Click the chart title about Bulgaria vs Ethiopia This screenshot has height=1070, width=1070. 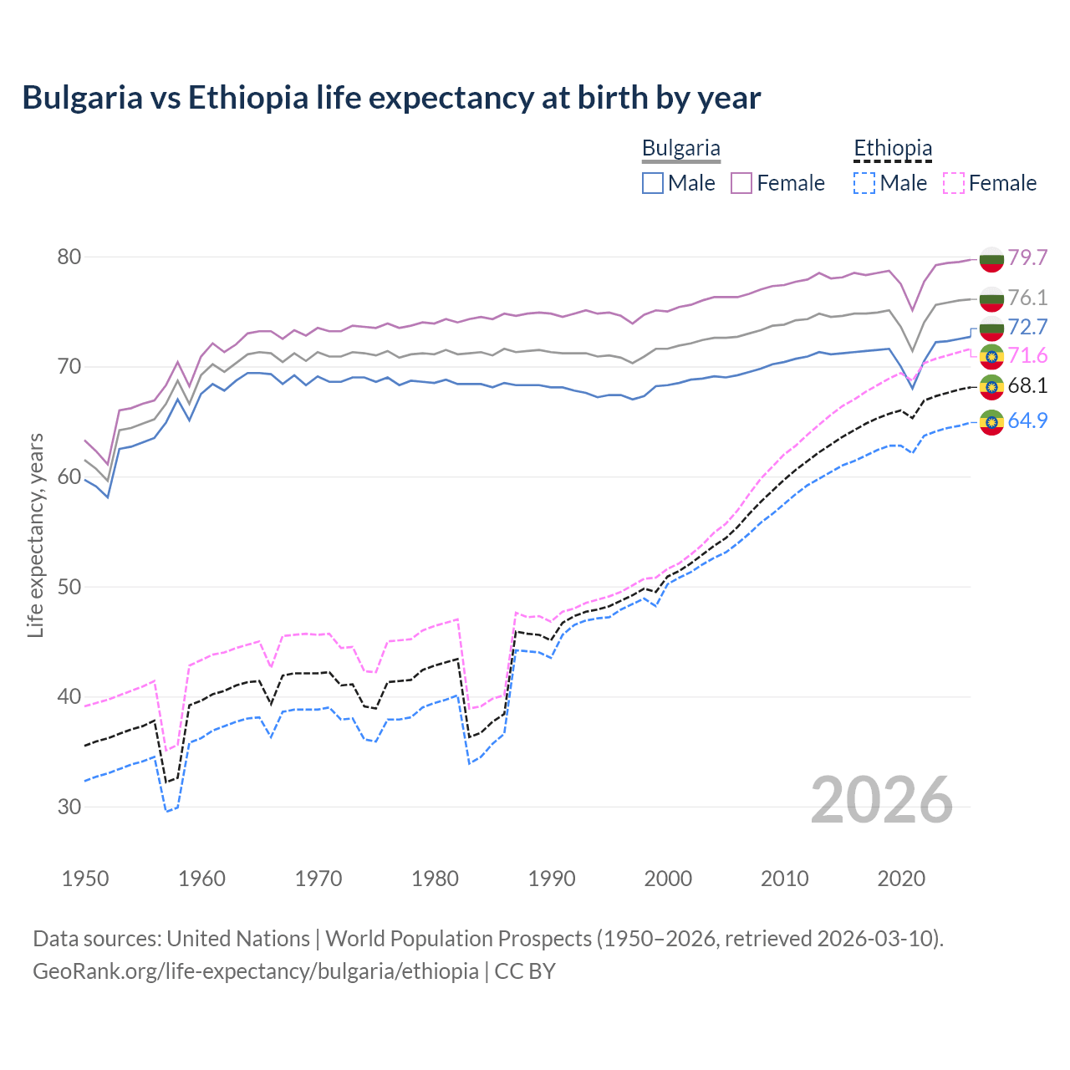tap(391, 98)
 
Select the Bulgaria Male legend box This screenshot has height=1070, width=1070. tap(653, 183)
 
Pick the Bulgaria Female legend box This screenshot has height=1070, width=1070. tap(741, 183)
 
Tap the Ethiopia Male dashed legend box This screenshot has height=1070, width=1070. tap(864, 183)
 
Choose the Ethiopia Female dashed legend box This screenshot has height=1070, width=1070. tap(954, 183)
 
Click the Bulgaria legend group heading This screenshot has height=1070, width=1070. tap(680, 149)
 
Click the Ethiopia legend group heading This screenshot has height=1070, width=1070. tap(892, 149)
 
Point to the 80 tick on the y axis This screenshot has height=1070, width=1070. tap(69, 257)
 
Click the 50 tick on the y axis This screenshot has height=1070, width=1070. tap(69, 587)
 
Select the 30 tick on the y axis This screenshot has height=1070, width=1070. tap(69, 807)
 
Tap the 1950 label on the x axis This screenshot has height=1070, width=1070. tap(85, 879)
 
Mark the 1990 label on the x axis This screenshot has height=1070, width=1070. tap(552, 879)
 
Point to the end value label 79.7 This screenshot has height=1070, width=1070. tap(1027, 257)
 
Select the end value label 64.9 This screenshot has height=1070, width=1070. tap(1027, 420)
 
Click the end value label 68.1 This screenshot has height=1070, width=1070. tap(1027, 385)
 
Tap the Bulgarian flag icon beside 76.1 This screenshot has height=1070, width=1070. tap(991, 298)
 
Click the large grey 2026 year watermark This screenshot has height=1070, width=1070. tap(882, 800)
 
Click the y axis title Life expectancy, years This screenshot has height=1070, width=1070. tap(36, 535)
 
